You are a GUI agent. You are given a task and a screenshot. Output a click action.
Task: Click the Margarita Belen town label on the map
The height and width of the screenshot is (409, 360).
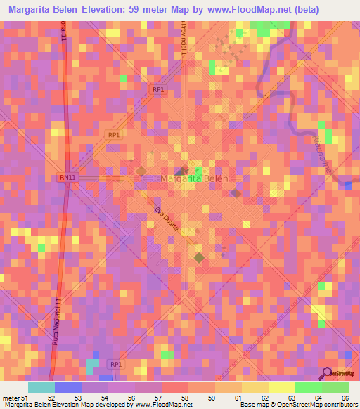193,178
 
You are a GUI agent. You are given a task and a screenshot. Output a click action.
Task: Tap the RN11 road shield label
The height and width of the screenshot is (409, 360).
67,178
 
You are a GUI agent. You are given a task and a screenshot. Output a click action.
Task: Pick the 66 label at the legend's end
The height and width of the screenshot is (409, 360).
345,398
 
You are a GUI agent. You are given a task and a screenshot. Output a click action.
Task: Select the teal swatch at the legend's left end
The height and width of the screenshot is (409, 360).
41,387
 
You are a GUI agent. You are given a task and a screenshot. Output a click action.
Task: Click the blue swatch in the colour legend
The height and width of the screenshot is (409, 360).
67,387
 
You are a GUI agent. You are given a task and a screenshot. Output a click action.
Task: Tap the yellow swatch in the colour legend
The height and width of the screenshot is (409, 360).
281,387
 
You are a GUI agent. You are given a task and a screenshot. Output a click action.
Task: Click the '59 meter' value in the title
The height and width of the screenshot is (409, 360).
151,10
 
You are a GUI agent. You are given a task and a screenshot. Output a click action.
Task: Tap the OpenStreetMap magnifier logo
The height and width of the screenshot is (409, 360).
328,372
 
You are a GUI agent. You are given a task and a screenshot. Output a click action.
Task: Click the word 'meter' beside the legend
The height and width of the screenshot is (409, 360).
11,398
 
